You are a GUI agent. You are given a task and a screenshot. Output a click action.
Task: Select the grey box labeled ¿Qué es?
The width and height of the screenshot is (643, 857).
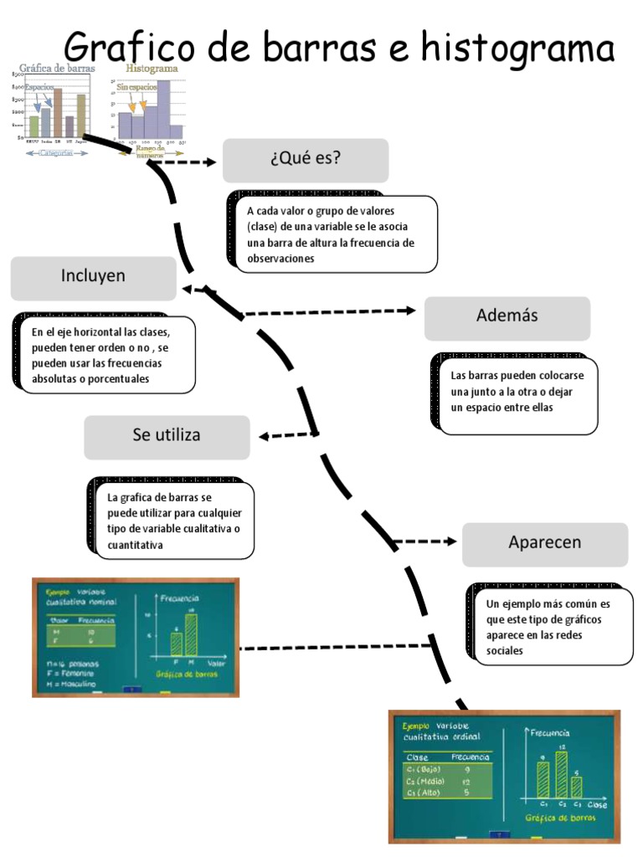[x=306, y=161]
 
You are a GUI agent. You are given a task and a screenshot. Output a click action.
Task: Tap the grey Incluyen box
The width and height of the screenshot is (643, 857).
[x=93, y=278]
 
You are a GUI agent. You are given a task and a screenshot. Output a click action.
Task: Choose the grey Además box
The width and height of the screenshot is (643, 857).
[x=507, y=318]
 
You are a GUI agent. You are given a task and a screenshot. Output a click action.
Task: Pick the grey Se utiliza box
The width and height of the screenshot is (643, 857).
[x=167, y=437]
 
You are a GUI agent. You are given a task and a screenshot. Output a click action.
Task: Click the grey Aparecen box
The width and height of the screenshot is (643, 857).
[x=544, y=544]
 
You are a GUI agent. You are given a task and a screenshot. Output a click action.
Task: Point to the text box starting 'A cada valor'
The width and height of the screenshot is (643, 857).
[x=336, y=234]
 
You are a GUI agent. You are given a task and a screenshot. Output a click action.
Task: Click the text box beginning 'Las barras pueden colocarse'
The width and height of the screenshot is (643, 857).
[x=518, y=393]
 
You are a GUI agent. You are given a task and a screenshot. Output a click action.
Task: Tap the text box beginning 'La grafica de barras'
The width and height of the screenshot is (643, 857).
[x=174, y=521]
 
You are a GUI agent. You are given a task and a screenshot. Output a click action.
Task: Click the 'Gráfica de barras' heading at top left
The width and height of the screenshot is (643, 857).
[x=57, y=69]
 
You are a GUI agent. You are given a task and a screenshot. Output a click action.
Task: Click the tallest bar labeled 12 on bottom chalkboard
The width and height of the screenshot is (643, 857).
[x=561, y=774]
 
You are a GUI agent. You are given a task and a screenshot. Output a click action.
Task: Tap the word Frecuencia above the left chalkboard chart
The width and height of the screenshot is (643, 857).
[x=179, y=598]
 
